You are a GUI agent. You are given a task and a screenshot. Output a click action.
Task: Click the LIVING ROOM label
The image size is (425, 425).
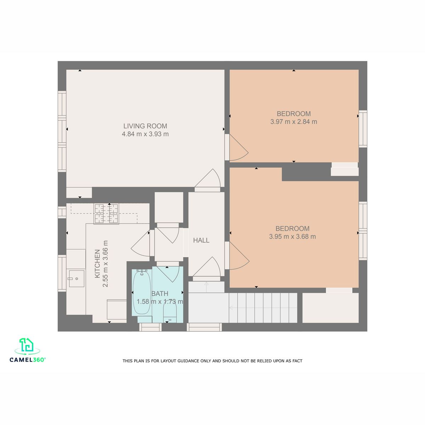145,126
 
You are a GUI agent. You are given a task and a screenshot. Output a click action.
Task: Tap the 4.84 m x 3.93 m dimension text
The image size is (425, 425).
145,134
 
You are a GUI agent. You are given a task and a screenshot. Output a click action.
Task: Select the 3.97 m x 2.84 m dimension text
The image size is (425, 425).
294,121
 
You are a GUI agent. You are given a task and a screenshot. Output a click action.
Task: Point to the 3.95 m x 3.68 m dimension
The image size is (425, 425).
292,237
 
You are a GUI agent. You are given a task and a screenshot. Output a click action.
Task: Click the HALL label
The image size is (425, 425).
201,240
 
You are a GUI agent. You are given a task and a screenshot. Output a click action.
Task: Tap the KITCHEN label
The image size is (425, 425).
97,263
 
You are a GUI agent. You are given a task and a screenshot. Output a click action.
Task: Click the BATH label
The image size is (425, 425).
160,294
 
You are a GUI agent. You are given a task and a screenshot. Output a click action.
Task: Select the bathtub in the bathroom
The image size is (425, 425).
142,292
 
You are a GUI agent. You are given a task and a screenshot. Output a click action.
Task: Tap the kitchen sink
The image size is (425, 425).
76,279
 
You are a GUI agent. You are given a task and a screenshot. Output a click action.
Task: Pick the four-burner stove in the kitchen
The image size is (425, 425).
106,214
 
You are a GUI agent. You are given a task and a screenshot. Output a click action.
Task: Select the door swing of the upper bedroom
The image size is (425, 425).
239,147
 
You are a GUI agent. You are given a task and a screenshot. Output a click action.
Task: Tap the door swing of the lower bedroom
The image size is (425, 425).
239,256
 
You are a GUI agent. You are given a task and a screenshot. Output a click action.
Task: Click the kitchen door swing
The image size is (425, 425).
141,243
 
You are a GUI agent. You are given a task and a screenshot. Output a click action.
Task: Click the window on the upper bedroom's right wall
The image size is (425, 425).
363,129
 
